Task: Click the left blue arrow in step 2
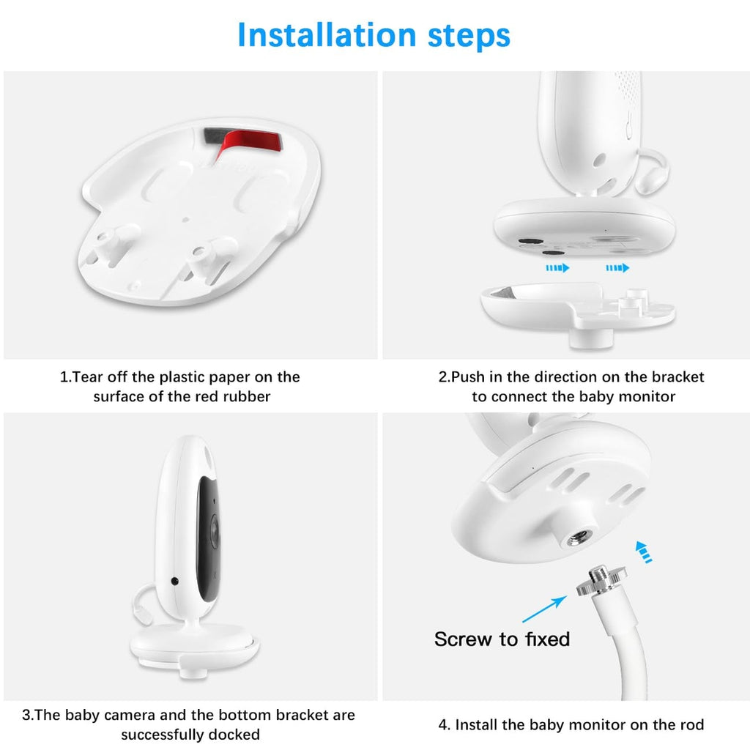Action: click(x=557, y=268)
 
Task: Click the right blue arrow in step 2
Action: click(x=617, y=268)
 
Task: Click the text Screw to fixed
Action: click(x=502, y=639)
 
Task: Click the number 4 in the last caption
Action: click(x=443, y=725)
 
